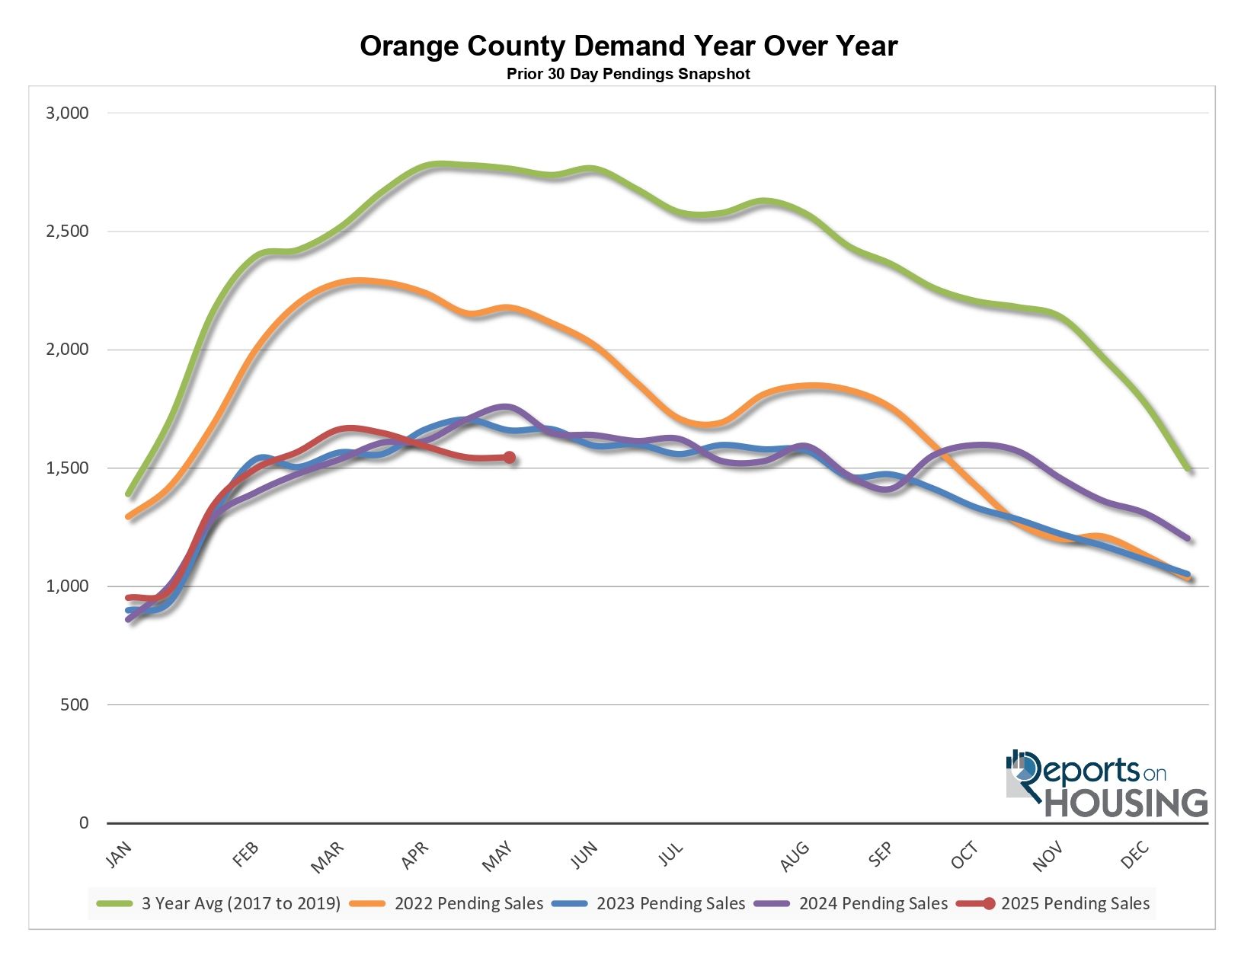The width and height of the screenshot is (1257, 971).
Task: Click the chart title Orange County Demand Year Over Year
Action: [628, 46]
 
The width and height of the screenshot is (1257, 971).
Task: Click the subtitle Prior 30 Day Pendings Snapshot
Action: [628, 74]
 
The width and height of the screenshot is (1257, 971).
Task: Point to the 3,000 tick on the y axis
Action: [68, 113]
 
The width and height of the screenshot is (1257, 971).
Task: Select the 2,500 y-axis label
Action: [68, 232]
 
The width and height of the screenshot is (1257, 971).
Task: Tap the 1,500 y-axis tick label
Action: [68, 468]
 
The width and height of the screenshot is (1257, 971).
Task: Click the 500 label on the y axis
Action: [74, 705]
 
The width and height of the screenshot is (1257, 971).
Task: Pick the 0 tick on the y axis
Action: [84, 823]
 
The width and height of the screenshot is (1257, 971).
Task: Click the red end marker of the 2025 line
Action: [509, 458]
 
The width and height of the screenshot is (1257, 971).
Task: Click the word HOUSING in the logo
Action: [1126, 803]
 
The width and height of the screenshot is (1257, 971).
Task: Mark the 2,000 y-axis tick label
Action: [68, 350]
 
